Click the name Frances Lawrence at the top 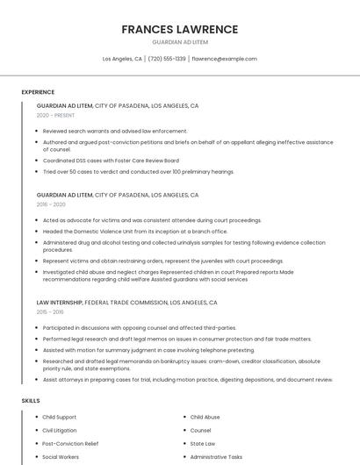coord(179,29)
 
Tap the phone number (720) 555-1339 coord(167,59)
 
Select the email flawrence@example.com coord(224,59)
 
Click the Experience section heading coord(38,92)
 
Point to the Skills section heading coord(31,400)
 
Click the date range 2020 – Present coord(55,115)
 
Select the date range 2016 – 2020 coord(51,204)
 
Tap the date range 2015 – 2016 coord(50,311)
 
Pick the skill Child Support coord(59,417)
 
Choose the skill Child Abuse coord(205,417)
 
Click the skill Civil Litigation coord(60,430)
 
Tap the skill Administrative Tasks coord(216,456)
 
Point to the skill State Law coord(202,443)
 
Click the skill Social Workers coord(61,456)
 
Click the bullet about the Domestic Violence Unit coord(134,231)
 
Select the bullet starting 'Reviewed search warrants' coord(114,131)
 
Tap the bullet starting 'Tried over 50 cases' coord(138,171)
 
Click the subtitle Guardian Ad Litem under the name coord(179,42)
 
